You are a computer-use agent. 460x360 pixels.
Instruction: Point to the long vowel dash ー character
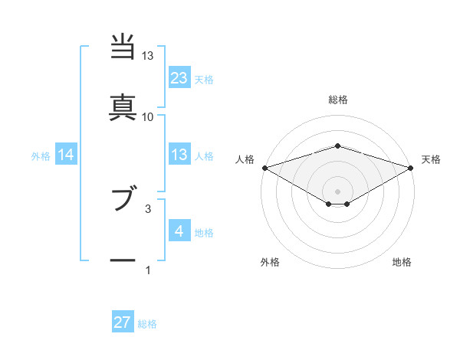click(x=123, y=260)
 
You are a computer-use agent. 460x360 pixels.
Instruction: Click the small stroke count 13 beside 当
click(x=148, y=56)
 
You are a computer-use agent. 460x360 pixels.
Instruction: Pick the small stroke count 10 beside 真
click(x=148, y=116)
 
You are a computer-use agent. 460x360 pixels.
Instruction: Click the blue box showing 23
click(x=179, y=77)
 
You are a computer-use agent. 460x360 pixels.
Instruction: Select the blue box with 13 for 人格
click(x=179, y=155)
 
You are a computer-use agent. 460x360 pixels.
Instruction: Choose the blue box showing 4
click(x=179, y=231)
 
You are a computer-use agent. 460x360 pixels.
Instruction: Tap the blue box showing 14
click(x=66, y=155)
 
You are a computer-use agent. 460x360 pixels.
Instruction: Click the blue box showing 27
click(x=123, y=322)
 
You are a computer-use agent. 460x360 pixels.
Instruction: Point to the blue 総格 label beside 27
click(x=147, y=324)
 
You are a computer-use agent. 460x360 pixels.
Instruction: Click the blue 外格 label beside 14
click(x=41, y=156)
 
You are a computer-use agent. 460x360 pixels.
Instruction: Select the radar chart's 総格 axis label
click(x=337, y=100)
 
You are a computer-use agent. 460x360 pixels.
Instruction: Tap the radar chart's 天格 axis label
click(x=431, y=159)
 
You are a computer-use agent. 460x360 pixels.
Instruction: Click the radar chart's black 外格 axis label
click(x=270, y=262)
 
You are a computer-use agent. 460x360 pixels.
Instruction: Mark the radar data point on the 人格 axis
click(x=264, y=168)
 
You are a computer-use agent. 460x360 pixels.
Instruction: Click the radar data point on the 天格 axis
click(x=410, y=168)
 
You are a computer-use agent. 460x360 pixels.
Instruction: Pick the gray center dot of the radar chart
click(x=337, y=191)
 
